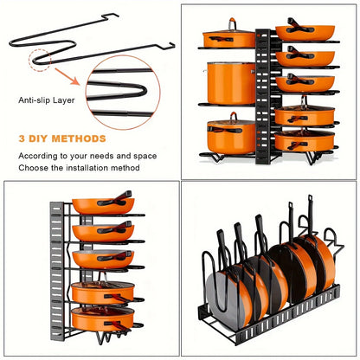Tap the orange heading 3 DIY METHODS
[61, 138]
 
